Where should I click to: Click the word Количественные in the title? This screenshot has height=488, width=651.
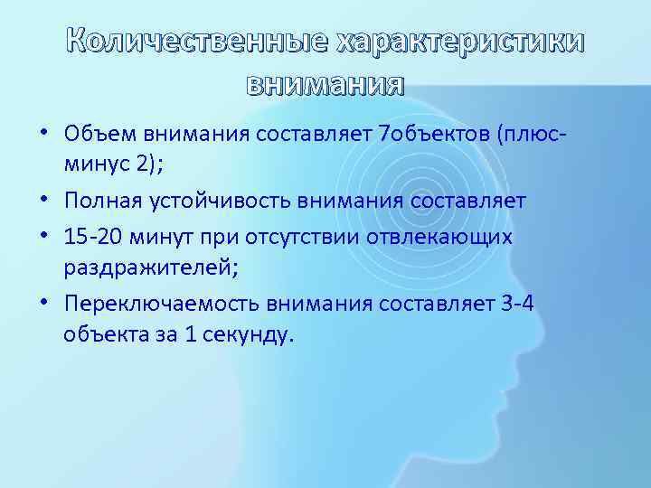[x=197, y=42]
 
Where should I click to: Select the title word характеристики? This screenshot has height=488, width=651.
[x=460, y=42]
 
